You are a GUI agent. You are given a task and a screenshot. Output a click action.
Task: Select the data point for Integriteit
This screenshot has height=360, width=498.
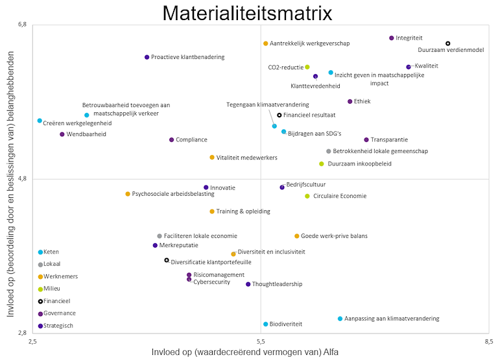392,38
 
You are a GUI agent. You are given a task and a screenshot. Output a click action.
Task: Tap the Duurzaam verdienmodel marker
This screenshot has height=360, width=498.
448,43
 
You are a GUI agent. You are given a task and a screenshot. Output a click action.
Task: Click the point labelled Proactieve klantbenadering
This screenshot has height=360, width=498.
147,57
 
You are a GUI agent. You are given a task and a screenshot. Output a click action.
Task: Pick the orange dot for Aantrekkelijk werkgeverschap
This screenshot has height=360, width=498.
266,43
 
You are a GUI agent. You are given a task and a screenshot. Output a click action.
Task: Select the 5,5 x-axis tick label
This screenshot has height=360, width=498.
261,341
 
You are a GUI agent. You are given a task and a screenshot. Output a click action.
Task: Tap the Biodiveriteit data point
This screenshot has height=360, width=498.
266,324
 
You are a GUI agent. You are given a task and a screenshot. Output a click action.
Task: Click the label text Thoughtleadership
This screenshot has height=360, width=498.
277,284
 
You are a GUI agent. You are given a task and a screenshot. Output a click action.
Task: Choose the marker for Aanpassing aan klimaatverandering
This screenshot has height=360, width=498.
340,318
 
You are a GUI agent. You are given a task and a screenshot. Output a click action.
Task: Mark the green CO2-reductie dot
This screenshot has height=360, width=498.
307,67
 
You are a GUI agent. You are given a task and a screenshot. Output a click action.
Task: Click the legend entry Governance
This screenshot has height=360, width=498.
59,313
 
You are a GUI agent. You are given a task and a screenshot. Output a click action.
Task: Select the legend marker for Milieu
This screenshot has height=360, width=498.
40,289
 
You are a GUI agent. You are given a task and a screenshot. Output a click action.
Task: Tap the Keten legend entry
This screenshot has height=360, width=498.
51,252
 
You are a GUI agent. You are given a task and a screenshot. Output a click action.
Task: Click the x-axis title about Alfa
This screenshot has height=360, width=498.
244,352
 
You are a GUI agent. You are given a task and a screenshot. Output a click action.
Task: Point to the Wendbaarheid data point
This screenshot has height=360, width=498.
62,134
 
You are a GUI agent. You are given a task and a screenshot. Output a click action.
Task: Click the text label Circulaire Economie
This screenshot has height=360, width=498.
340,196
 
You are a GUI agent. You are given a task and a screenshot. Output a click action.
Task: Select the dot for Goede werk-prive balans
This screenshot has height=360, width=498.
297,236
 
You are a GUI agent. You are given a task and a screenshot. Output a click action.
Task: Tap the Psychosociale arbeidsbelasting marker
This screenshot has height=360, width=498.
128,194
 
